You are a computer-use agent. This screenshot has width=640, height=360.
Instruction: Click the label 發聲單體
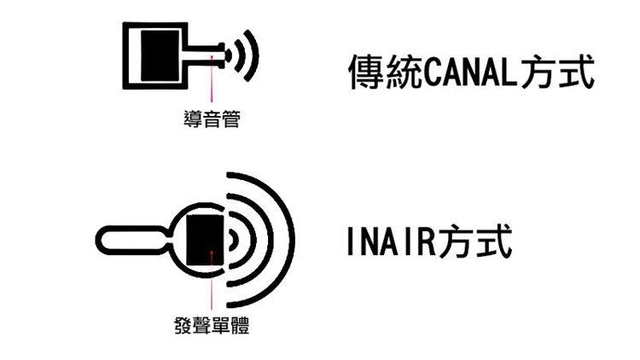pos(212,326)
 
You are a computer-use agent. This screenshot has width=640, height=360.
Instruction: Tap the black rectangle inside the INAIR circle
pos(204,239)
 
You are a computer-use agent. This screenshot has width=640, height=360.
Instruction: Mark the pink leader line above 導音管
pos(212,85)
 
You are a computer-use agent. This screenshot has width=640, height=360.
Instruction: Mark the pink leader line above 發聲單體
pos(212,286)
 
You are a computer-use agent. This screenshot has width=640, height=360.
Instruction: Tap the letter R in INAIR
pos(424,242)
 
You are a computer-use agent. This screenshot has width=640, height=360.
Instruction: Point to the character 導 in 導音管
pos(193,120)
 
